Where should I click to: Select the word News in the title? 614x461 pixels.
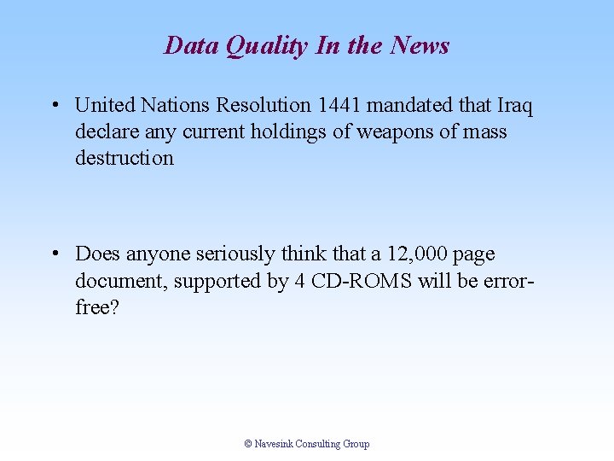(x=420, y=45)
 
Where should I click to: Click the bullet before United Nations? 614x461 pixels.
(x=54, y=106)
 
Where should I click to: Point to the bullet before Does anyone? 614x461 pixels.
(x=54, y=254)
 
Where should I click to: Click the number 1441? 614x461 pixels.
(x=339, y=106)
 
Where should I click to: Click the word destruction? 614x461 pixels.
(x=124, y=158)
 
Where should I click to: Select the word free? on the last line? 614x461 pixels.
(x=97, y=307)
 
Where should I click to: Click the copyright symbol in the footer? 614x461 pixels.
(x=248, y=444)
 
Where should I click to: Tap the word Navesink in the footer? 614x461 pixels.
(x=274, y=444)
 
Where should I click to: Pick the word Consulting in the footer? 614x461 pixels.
(x=319, y=444)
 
